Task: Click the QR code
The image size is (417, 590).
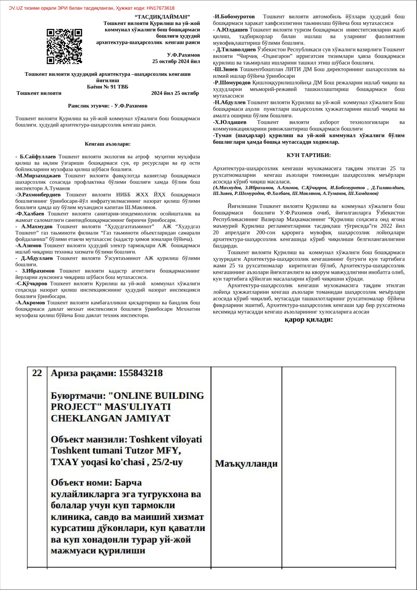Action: tap(64, 46)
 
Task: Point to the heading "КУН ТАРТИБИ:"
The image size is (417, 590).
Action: tap(309, 155)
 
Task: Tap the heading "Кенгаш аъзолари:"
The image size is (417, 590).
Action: tap(108, 144)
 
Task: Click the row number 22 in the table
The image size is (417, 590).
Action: tap(37, 373)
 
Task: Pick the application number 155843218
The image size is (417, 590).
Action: tap(140, 373)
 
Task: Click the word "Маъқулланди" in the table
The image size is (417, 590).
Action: tap(246, 463)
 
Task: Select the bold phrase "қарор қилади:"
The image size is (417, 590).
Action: tap(309, 320)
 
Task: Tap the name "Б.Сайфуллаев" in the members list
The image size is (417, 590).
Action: tap(38, 157)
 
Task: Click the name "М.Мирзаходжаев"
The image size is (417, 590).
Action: tap(39, 176)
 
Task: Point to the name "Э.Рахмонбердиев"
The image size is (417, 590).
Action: tap(39, 195)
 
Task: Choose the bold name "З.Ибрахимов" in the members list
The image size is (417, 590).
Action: tap(38, 271)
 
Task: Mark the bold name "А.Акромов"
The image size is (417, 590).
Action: tap(31, 303)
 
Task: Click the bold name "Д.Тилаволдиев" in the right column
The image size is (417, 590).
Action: tap(236, 50)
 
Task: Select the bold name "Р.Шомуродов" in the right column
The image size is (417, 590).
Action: tap(232, 83)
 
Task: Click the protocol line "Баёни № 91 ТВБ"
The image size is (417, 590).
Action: tap(108, 87)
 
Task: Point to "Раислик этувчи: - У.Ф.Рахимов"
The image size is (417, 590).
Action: tap(108, 106)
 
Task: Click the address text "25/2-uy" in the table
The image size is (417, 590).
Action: tap(167, 462)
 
